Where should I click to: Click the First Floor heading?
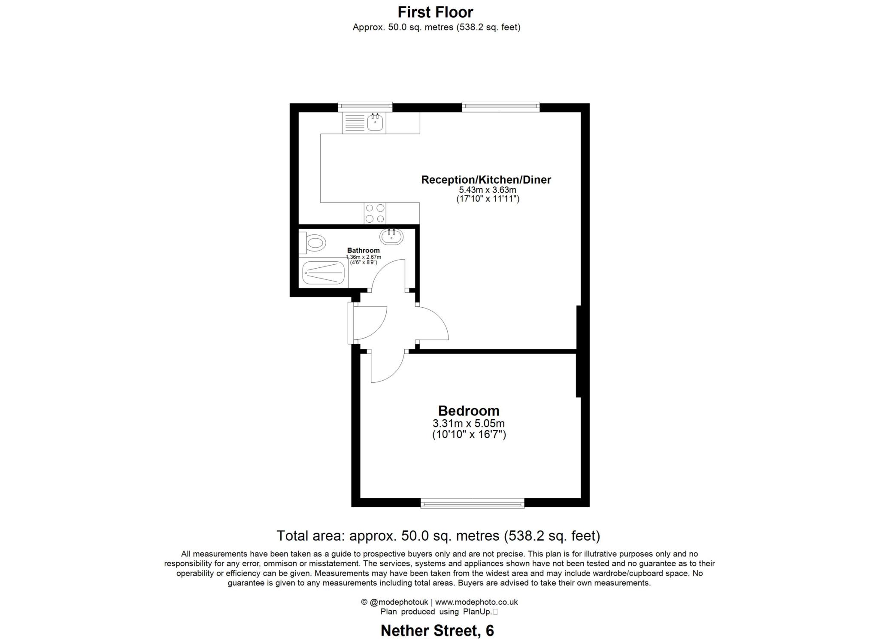[x=435, y=12]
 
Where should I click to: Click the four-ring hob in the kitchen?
[x=375, y=213]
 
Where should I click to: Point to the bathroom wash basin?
[x=391, y=236]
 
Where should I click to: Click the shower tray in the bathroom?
[x=323, y=273]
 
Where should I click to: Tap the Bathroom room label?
[x=363, y=250]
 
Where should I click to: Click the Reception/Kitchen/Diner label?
[x=486, y=179]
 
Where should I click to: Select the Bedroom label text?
[x=468, y=411]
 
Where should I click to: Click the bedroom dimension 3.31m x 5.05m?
[x=468, y=424]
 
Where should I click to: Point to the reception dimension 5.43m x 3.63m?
[x=487, y=190]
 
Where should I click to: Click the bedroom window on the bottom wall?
[x=472, y=503]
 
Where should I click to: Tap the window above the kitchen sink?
[x=365, y=106]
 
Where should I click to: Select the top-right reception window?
[x=500, y=106]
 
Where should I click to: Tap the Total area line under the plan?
[x=438, y=536]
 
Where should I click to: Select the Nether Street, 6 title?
[x=437, y=630]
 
